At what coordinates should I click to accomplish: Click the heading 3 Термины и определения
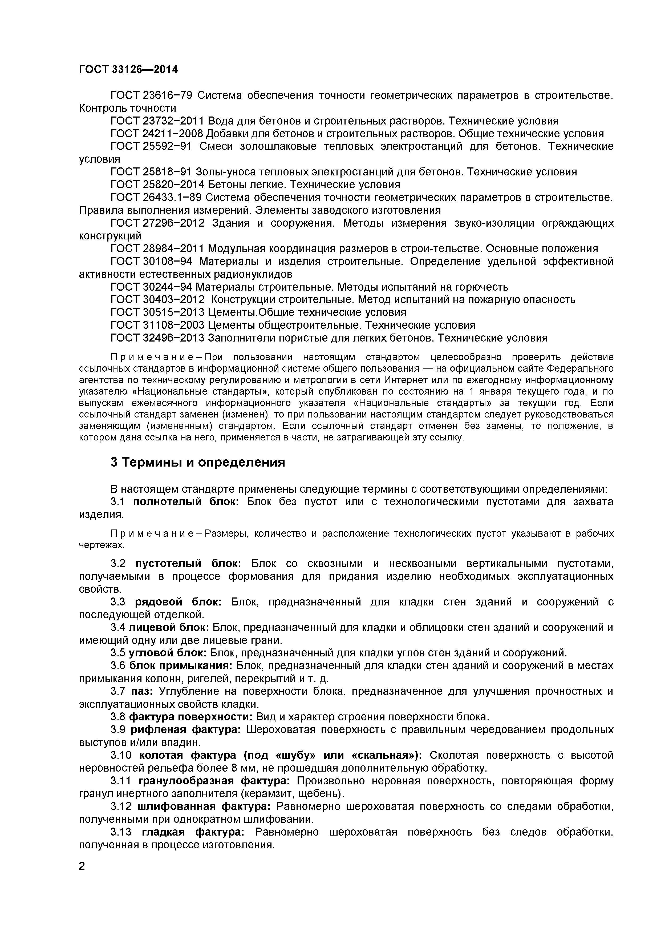[197, 463]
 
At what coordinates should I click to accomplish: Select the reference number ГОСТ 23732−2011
[157, 121]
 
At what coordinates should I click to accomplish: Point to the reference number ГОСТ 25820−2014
[157, 184]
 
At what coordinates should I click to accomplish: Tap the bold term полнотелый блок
[186, 502]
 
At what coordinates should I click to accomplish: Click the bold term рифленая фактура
[186, 729]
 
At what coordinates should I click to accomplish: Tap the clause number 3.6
[118, 666]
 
